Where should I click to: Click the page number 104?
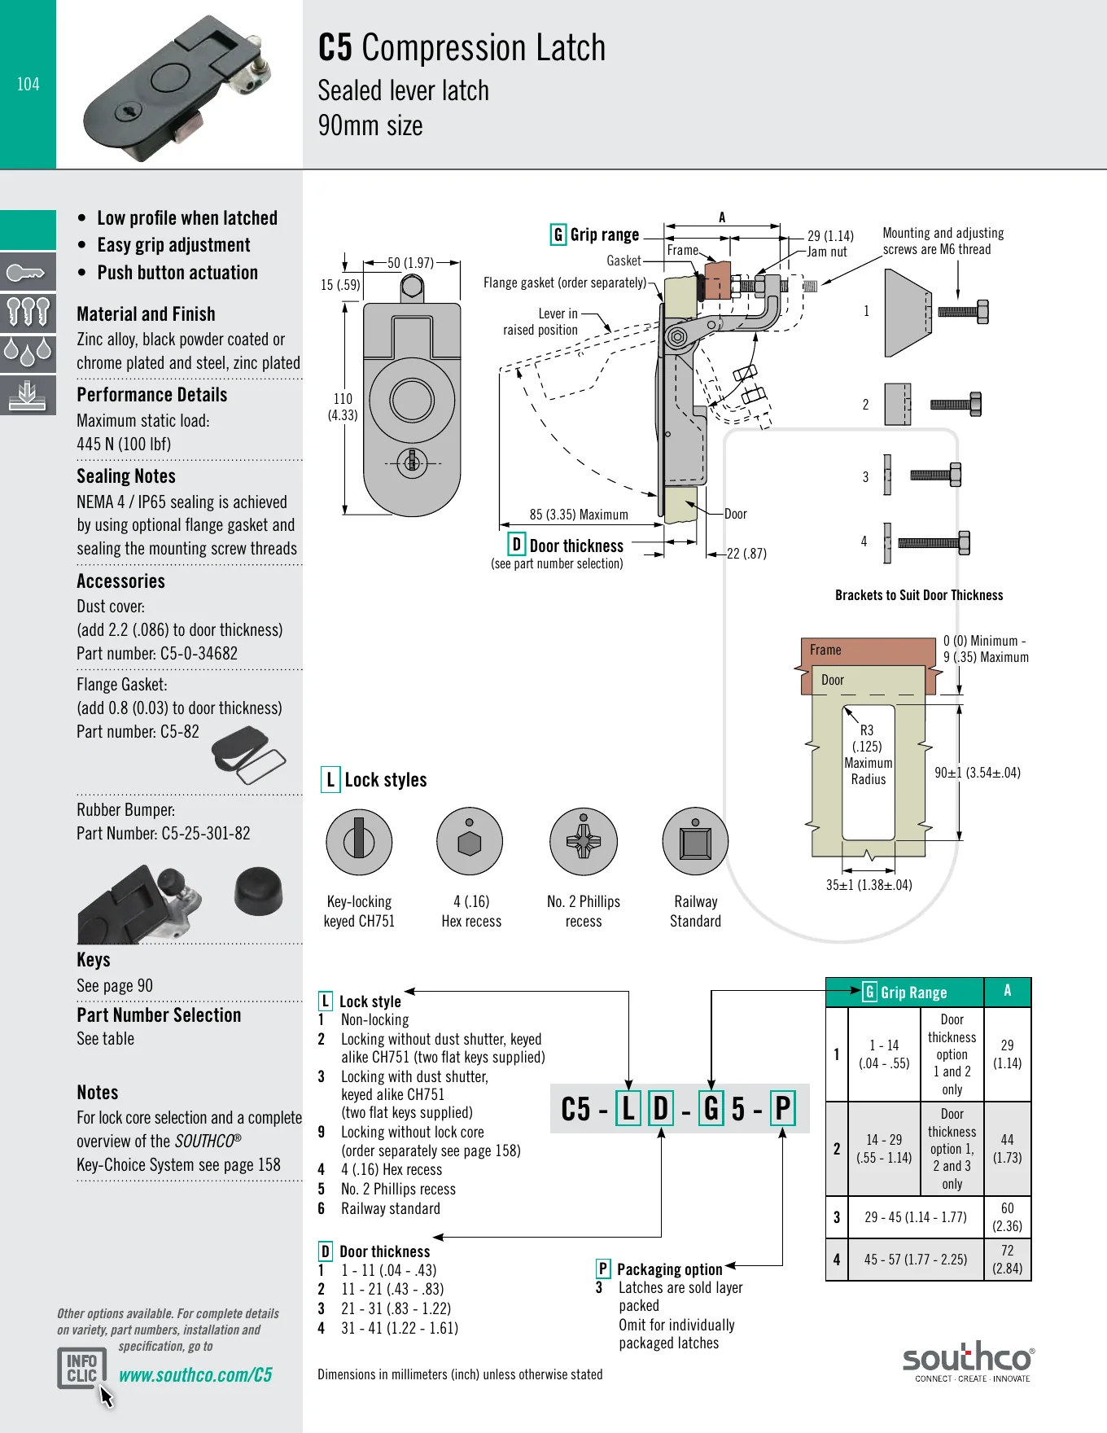28,84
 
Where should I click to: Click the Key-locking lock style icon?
359,842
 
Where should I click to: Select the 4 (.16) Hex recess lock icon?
470,842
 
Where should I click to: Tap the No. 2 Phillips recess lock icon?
584,842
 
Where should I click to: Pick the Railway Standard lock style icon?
695,842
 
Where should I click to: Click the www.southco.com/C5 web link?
195,1375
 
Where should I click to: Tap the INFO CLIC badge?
82,1368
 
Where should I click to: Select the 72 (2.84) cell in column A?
1008,1260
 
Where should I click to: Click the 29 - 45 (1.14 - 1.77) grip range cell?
916,1217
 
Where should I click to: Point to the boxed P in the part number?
783,1108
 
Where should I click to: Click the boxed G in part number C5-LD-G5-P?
711,1108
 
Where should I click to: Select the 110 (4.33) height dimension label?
343,406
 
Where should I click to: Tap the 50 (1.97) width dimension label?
411,263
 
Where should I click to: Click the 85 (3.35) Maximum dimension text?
579,515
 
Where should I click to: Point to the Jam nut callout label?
827,252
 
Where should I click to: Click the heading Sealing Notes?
126,476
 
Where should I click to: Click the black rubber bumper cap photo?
259,891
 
